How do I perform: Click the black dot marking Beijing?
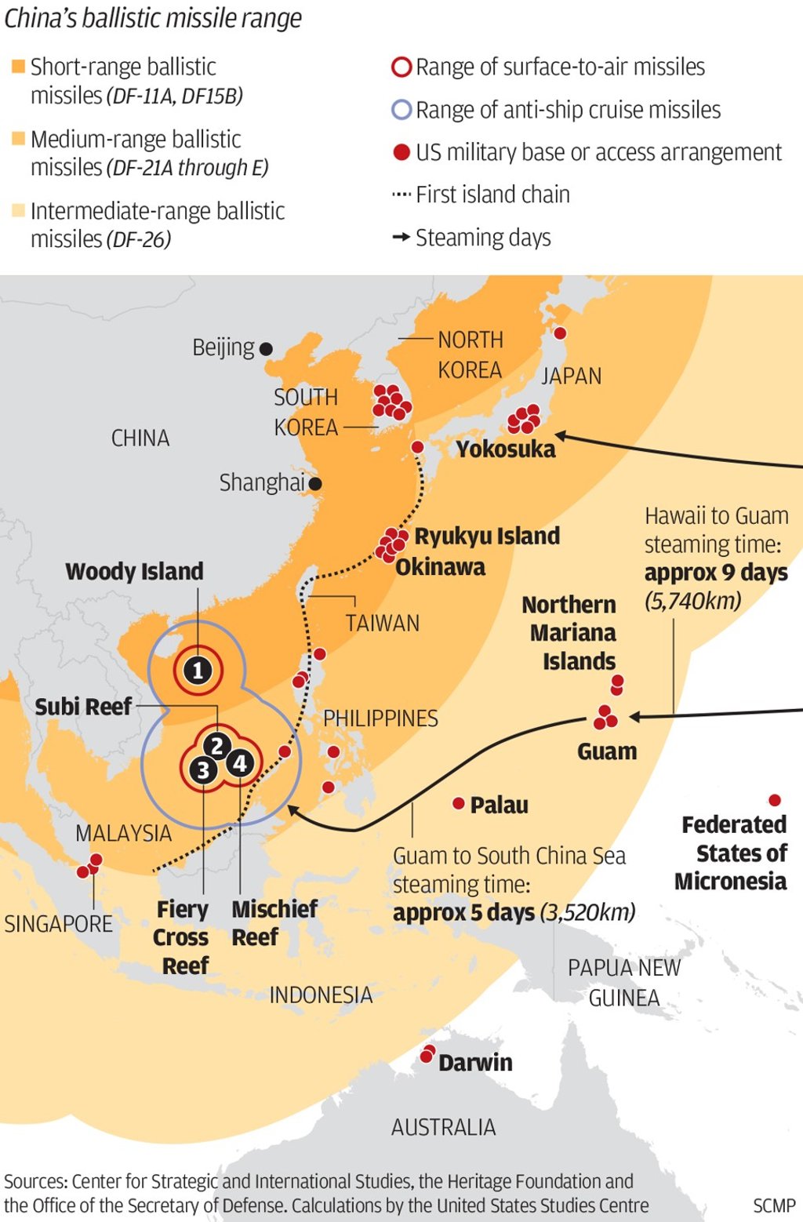click(x=266, y=349)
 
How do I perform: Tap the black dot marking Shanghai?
click(x=315, y=484)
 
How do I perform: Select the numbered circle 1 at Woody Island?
click(x=198, y=671)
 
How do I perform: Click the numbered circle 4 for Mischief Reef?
click(x=240, y=762)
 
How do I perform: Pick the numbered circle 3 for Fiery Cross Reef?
click(x=203, y=770)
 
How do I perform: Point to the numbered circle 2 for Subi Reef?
click(x=217, y=746)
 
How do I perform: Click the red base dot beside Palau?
click(x=459, y=803)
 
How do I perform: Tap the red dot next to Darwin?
click(x=427, y=1055)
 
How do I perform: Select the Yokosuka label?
click(x=505, y=449)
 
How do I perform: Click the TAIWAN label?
click(x=382, y=624)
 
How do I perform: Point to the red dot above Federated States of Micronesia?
click(x=775, y=800)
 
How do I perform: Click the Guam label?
click(x=607, y=751)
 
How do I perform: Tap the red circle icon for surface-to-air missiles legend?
click(x=401, y=67)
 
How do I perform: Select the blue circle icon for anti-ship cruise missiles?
click(x=401, y=110)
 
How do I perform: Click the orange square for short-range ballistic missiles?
click(x=18, y=67)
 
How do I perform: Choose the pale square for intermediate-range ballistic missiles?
click(x=18, y=210)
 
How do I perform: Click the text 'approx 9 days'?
click(x=715, y=573)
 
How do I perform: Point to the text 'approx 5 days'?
click(x=463, y=913)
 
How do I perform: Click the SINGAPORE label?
click(x=59, y=924)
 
